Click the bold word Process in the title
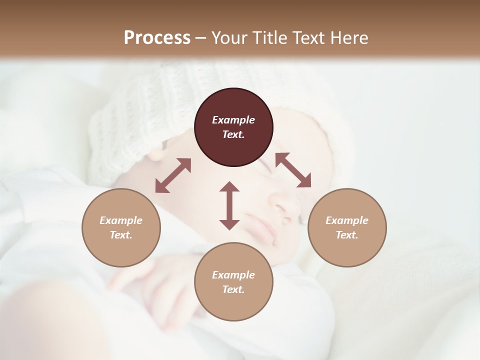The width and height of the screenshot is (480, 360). (157, 38)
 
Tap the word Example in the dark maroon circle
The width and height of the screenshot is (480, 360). (233, 120)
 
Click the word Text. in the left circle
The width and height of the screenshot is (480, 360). (121, 235)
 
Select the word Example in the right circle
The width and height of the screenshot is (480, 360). (347, 220)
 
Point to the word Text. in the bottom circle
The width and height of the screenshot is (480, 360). (233, 289)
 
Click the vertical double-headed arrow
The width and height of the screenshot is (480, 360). (229, 205)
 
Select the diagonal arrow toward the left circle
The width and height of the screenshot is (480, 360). (173, 175)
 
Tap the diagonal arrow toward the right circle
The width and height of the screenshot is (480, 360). (293, 170)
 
